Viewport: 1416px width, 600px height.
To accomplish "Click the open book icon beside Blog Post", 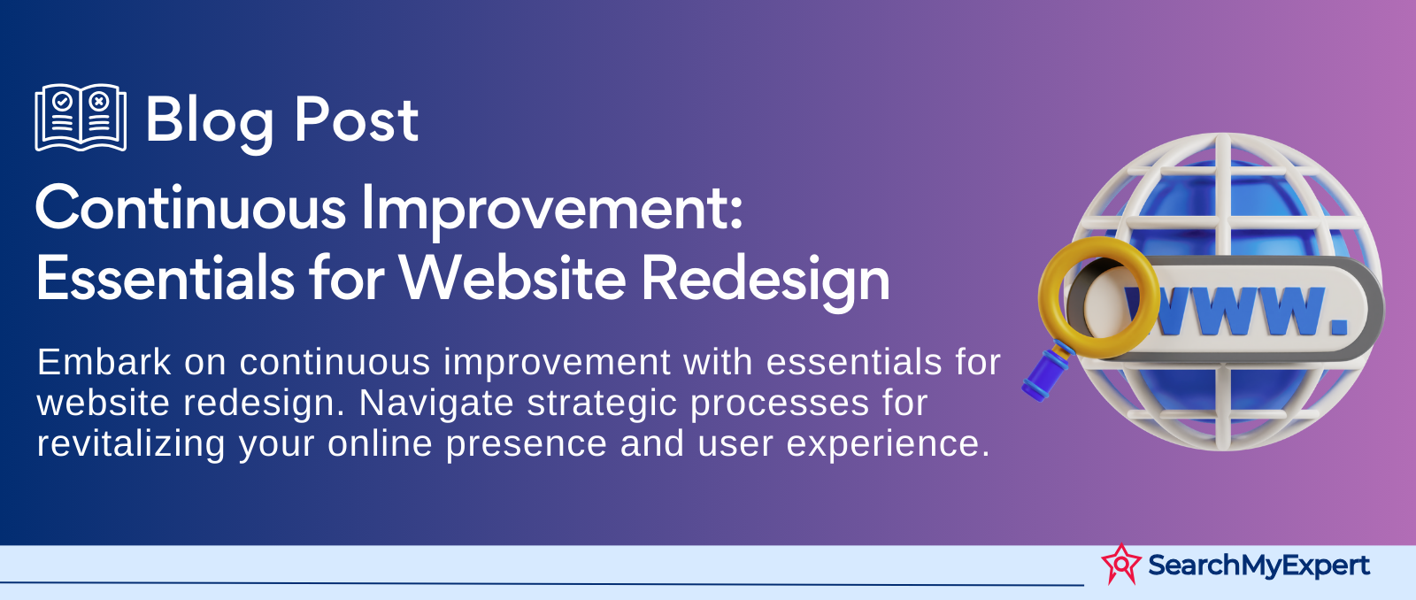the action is click(x=81, y=118).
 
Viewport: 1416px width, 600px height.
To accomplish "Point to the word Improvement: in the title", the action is click(x=552, y=211).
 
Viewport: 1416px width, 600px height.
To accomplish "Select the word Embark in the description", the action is click(x=104, y=362).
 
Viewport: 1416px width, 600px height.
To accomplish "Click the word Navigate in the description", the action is click(x=436, y=404).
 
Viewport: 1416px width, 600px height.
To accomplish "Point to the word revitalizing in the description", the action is click(x=131, y=445).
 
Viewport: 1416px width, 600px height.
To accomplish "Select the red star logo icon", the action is click(x=1121, y=564).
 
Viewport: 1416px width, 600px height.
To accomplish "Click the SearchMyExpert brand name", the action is click(x=1258, y=565).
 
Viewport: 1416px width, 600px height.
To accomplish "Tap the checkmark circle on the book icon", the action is click(x=62, y=101).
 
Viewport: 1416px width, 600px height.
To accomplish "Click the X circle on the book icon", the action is click(x=98, y=101).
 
